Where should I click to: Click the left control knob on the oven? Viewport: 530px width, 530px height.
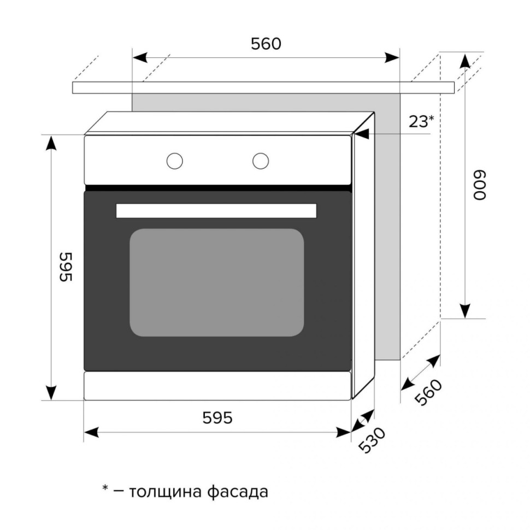click(x=175, y=161)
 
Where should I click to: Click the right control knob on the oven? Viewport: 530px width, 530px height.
click(x=261, y=161)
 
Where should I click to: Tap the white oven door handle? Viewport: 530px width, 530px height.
click(x=216, y=210)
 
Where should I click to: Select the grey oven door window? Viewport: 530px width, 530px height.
click(x=217, y=282)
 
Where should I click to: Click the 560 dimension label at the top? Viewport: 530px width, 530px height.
click(x=266, y=44)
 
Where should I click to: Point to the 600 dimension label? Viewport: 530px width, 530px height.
click(x=479, y=185)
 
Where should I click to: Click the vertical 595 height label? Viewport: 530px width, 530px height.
click(x=66, y=267)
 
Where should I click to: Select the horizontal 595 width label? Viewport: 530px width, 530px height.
click(x=217, y=418)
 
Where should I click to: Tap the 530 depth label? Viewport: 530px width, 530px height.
click(x=372, y=440)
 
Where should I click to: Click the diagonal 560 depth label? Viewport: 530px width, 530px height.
click(x=428, y=392)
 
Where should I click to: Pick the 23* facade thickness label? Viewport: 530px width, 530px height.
click(x=421, y=122)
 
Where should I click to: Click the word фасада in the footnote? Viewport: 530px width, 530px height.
click(x=237, y=492)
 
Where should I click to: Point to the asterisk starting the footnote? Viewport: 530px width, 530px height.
click(x=105, y=488)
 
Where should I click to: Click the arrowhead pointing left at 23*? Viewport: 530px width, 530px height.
click(x=361, y=134)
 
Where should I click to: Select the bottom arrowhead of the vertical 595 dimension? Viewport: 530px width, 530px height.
click(x=51, y=392)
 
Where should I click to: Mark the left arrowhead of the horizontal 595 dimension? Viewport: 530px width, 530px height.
click(x=92, y=432)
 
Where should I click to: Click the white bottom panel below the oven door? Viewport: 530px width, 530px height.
click(x=217, y=386)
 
